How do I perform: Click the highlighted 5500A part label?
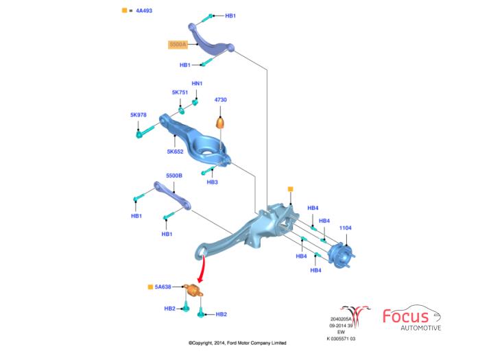pos(178,45)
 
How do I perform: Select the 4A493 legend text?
pos(143,10)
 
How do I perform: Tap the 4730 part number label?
pos(221,100)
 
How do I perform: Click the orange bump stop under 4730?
pos(221,123)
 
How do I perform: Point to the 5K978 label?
pos(139,115)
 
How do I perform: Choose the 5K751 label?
pos(180,92)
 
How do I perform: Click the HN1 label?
pos(197,84)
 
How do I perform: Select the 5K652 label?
pos(175,152)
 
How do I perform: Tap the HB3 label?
pos(212,182)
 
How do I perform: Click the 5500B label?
pos(173,176)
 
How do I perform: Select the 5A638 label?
pos(163,286)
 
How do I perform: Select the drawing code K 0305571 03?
pos(341,338)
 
